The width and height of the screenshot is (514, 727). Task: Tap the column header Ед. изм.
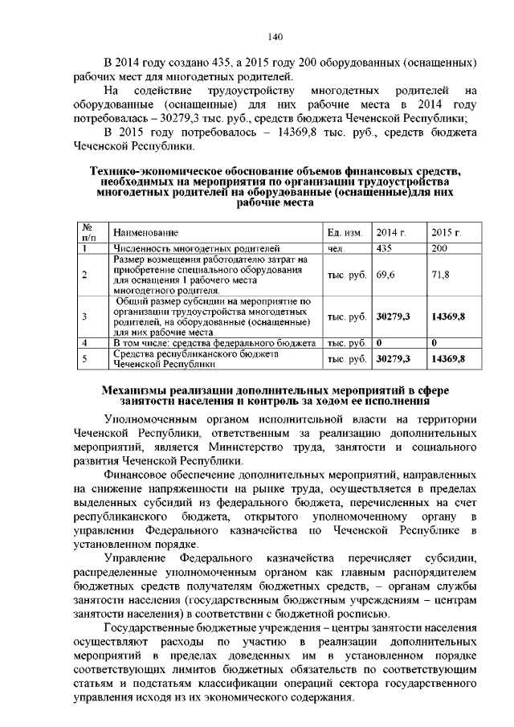pos(345,232)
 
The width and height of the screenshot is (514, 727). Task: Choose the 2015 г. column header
pos(446,232)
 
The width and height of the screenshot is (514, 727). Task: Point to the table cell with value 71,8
pos(440,274)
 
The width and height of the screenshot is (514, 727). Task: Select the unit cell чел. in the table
pos(336,248)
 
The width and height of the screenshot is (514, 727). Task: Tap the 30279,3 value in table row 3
pos(394,317)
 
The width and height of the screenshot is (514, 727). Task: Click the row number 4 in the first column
pos(84,342)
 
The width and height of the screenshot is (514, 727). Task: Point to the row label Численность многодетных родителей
pos(196,248)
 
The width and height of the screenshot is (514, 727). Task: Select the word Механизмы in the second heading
pos(136,390)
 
